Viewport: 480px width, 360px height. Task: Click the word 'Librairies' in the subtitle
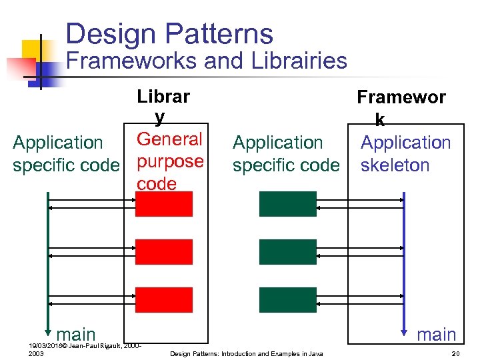[x=299, y=61]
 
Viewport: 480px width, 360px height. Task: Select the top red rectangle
[x=163, y=204]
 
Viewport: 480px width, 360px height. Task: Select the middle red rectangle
[x=163, y=252]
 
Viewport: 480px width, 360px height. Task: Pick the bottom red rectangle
[x=163, y=300]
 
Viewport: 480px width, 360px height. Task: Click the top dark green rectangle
[x=287, y=204]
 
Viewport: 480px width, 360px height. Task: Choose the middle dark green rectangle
[x=287, y=252]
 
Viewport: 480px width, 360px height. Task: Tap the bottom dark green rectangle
[x=287, y=300]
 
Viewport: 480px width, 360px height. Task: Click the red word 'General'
[x=169, y=139]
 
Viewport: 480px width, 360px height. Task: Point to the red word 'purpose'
[x=170, y=162]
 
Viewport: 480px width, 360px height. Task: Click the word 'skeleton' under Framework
[x=395, y=165]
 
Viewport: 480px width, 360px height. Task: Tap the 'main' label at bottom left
[x=76, y=334]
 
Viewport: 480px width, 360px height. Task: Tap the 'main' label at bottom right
[x=437, y=334]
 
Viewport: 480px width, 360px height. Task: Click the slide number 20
[x=457, y=353]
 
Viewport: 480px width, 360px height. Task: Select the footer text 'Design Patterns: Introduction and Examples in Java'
[x=247, y=353]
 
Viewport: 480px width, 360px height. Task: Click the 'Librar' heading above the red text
[x=163, y=97]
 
